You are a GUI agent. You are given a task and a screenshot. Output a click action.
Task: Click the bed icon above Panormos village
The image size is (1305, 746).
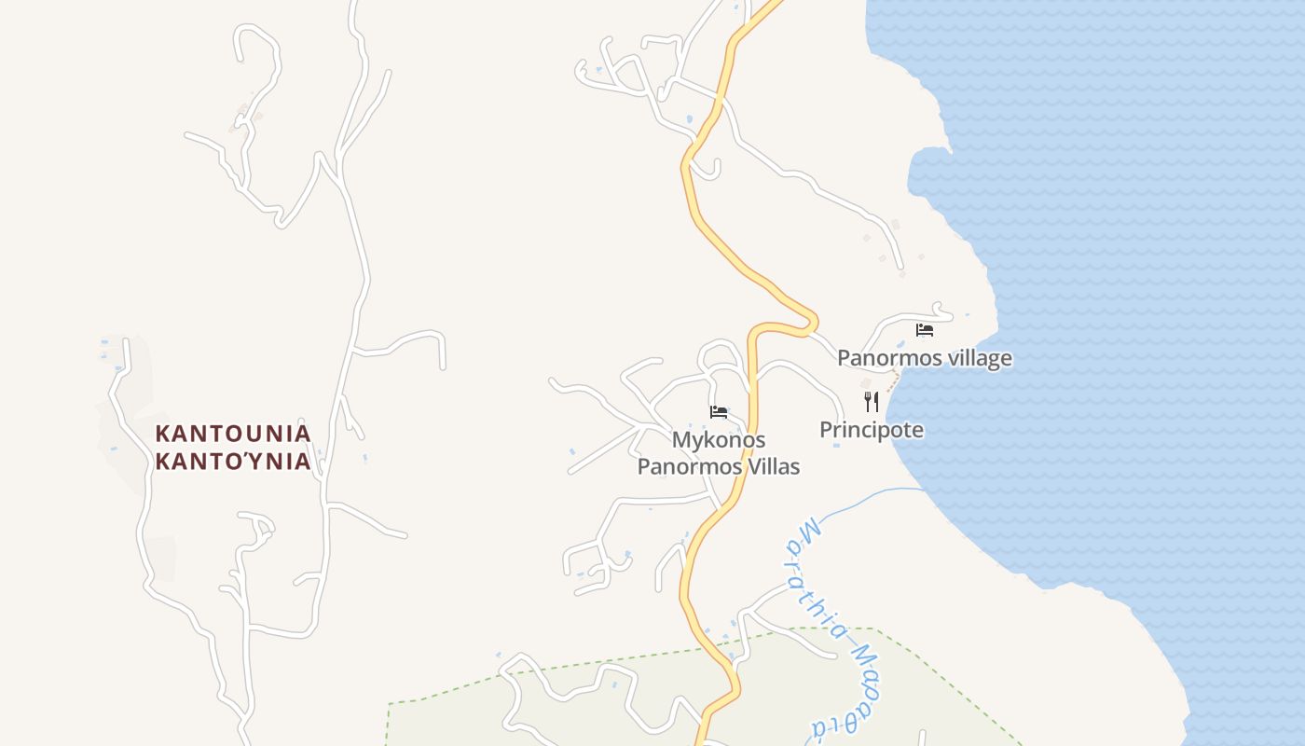point(925,329)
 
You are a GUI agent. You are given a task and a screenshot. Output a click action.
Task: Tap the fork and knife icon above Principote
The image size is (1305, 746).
point(872,402)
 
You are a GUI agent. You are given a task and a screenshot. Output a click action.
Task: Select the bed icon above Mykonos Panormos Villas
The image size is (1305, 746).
point(719,412)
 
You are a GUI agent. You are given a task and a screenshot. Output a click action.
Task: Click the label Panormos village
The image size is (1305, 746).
point(924,358)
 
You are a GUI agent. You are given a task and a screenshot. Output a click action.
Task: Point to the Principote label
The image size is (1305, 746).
point(872,430)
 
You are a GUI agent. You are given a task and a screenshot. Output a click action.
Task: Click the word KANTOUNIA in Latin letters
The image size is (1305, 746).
point(233,434)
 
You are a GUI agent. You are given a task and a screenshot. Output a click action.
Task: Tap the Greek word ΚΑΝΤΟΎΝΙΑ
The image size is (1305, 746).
point(233,462)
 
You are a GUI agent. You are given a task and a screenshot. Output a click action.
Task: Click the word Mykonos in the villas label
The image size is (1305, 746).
point(719,440)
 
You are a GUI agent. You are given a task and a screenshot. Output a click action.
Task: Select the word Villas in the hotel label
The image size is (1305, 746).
point(770,466)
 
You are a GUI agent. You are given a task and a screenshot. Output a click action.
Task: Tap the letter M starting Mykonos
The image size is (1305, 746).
point(680,440)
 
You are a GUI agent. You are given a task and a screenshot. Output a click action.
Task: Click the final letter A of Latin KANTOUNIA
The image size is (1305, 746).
point(303,434)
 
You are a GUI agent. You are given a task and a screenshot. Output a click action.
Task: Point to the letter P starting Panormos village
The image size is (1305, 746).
point(844,358)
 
